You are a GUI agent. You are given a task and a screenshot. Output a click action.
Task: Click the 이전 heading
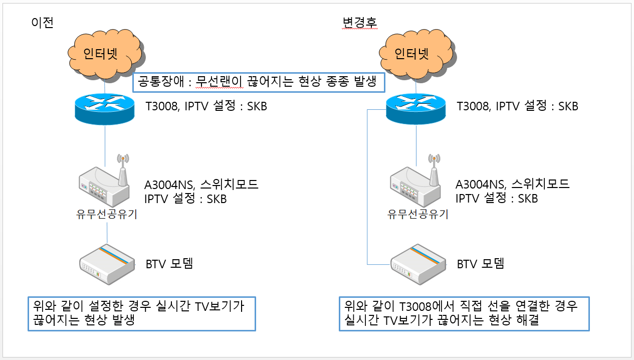[43, 23]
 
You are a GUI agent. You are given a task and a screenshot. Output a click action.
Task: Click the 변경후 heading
[360, 23]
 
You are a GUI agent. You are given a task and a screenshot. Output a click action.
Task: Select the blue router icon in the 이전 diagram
[105, 109]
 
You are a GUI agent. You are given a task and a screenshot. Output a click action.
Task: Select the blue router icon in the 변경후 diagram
[416, 109]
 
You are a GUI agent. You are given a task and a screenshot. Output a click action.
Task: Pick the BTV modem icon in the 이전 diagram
[107, 264]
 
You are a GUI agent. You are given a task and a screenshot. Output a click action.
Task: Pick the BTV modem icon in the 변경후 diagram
[418, 264]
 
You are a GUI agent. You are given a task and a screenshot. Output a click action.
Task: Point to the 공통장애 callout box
[259, 82]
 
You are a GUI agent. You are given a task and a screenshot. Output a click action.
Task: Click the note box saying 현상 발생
[142, 313]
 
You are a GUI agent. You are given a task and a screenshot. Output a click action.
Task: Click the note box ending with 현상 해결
[464, 313]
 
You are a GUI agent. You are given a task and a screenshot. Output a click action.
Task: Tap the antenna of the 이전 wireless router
[123, 170]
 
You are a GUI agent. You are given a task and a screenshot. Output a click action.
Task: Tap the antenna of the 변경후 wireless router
[434, 170]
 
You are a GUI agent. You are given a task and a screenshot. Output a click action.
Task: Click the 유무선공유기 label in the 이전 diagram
[107, 214]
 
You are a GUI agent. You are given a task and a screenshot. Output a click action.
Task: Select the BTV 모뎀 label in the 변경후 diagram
[481, 264]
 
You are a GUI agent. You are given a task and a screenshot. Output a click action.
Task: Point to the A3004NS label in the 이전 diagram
[169, 185]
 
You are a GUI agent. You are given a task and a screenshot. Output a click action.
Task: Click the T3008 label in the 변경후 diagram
[473, 106]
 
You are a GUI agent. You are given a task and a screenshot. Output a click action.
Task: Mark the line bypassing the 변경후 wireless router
[367, 187]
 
